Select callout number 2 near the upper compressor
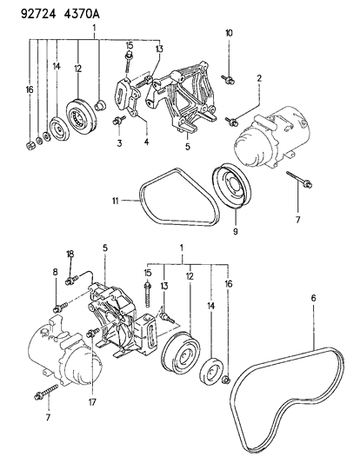click(x=258, y=79)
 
